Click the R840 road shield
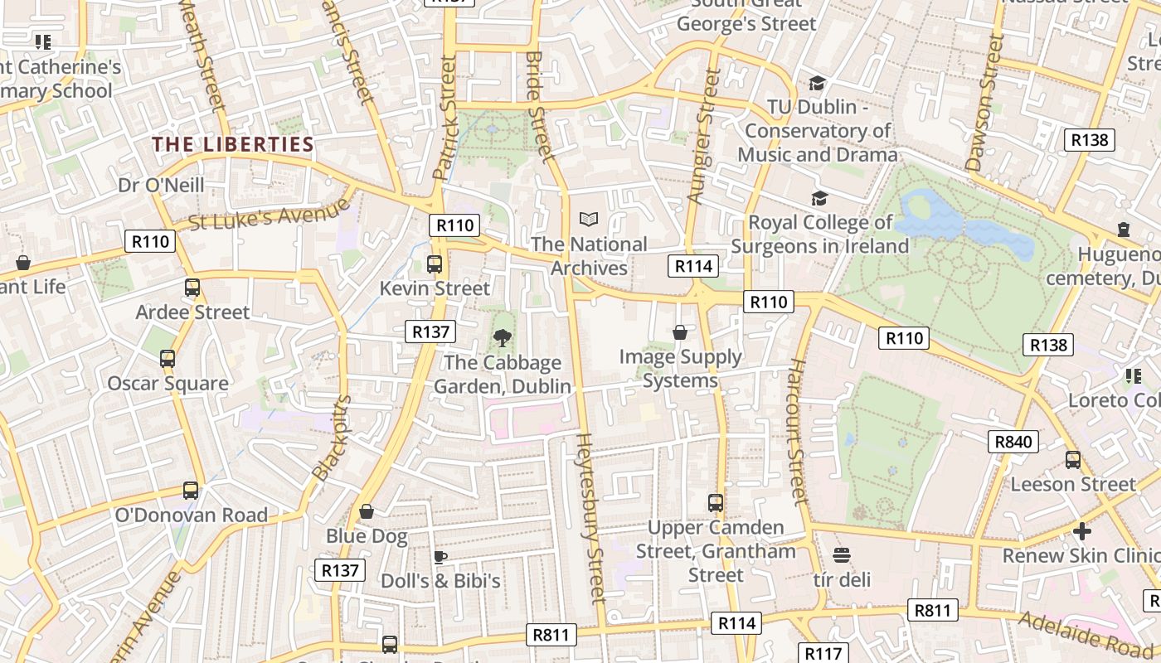(x=1013, y=442)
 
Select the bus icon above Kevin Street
(x=434, y=264)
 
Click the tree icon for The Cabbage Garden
(x=502, y=337)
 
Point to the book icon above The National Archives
(x=589, y=220)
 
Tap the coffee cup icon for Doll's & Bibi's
(x=440, y=556)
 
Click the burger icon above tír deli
(x=842, y=554)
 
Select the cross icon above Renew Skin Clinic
(x=1081, y=530)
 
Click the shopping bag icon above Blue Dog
(x=366, y=511)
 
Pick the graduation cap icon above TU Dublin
(x=818, y=83)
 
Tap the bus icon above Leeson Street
(x=1072, y=460)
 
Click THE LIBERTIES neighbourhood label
(x=233, y=145)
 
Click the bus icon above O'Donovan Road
(x=191, y=490)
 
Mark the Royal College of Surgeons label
(x=819, y=235)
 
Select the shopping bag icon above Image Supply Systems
(x=680, y=332)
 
